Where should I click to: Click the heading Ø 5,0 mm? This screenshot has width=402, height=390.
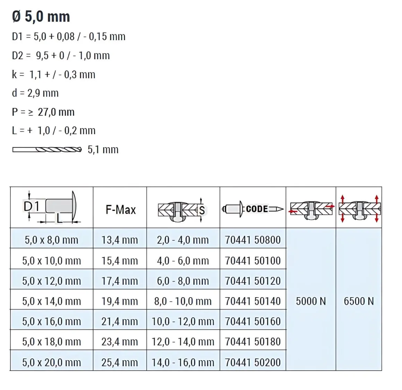pyautogui.click(x=41, y=17)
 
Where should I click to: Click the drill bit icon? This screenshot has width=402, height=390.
pyautogui.click(x=47, y=150)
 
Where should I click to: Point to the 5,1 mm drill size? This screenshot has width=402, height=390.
pyautogui.click(x=103, y=150)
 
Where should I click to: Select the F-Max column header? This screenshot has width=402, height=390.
pyautogui.click(x=120, y=210)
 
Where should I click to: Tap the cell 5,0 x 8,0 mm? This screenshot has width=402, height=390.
pyautogui.click(x=51, y=240)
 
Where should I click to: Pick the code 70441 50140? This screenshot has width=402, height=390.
pyautogui.click(x=253, y=301)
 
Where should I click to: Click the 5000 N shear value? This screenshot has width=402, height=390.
pyautogui.click(x=311, y=301)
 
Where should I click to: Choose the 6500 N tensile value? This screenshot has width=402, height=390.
pyautogui.click(x=359, y=301)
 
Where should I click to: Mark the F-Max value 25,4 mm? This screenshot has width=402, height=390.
pyautogui.click(x=120, y=362)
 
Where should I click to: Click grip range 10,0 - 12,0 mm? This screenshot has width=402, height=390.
pyautogui.click(x=183, y=321)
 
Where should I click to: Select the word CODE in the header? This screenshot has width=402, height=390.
pyautogui.click(x=257, y=209)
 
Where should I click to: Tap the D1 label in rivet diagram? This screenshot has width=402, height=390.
pyautogui.click(x=32, y=206)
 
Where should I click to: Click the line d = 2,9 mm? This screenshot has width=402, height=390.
pyautogui.click(x=35, y=93)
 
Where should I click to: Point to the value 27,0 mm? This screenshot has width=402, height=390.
pyautogui.click(x=56, y=112)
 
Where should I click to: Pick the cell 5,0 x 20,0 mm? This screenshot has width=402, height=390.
pyautogui.click(x=51, y=362)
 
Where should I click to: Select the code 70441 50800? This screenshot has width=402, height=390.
pyautogui.click(x=253, y=240)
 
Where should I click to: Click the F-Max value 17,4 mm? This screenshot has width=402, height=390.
pyautogui.click(x=120, y=281)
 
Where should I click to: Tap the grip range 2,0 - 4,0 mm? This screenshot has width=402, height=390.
pyautogui.click(x=183, y=240)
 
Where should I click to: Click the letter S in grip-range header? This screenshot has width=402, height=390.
pyautogui.click(x=202, y=210)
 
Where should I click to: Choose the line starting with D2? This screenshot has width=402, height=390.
pyautogui.click(x=61, y=55)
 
